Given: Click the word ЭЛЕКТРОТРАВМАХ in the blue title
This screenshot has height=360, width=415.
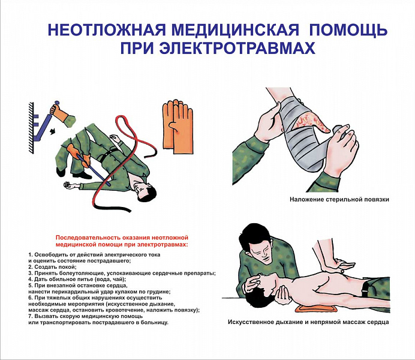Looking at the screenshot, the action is coord(237,47).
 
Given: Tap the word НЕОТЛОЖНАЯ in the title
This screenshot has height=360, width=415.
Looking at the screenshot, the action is coord(107,29).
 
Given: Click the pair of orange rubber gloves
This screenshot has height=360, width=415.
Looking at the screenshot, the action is coord(178,127).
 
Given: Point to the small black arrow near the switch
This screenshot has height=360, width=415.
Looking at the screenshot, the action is coord(53,131).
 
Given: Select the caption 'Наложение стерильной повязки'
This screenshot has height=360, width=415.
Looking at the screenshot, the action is coord(339,199).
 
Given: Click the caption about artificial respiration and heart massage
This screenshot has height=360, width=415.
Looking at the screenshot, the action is coord(308,322).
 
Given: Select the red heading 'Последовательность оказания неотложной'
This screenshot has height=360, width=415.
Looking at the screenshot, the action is coord(122,238).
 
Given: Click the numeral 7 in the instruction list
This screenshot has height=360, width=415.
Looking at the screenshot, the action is coord(30,316).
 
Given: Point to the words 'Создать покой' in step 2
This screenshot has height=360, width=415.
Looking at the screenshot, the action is coord(55,267).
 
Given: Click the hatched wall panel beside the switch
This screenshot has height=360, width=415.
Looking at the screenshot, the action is coord(31,128).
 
